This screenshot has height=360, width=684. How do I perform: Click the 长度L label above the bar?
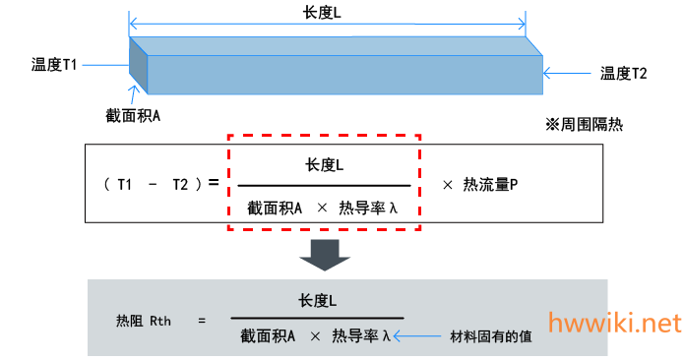(x=322, y=13)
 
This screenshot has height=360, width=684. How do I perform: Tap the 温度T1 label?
(x=54, y=65)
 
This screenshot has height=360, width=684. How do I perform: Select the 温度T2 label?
(x=623, y=73)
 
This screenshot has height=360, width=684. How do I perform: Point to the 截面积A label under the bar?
(x=133, y=115)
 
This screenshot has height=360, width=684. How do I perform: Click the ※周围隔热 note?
(x=584, y=125)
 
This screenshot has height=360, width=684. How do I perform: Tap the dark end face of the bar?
(x=139, y=65)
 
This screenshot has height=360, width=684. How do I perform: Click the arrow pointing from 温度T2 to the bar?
(x=567, y=73)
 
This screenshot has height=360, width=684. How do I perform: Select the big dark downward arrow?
(x=325, y=255)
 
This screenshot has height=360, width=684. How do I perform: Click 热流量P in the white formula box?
(x=490, y=185)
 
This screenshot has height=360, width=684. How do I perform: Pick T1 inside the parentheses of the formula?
(x=125, y=185)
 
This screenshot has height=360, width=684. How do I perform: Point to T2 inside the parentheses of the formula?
(x=180, y=185)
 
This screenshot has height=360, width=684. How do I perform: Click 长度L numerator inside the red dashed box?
(x=324, y=165)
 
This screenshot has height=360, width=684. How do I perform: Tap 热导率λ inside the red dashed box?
(x=368, y=209)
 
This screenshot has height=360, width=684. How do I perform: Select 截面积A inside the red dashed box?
(x=275, y=209)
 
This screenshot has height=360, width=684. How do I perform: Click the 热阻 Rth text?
(x=144, y=322)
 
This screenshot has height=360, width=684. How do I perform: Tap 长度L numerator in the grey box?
(x=317, y=301)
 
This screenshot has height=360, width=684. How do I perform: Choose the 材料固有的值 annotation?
(x=491, y=336)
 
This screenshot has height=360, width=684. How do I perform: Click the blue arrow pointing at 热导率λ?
(x=417, y=336)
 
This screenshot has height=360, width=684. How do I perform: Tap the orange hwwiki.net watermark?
(x=615, y=323)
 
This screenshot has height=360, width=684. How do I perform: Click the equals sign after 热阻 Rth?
(x=202, y=322)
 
